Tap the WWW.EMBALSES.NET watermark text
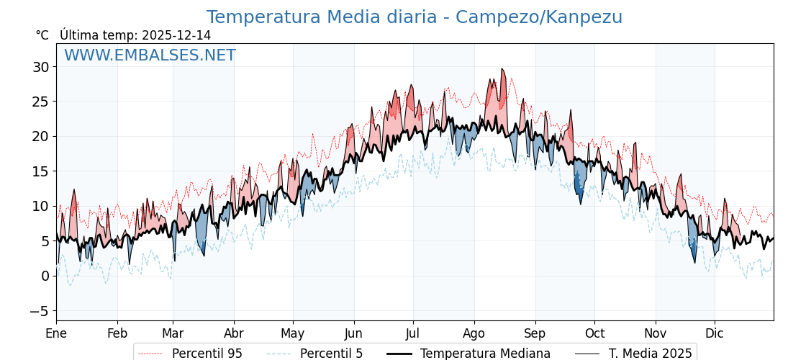[x=150, y=55]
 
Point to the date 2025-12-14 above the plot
[x=176, y=35]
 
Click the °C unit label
[x=42, y=35]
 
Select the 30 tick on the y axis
[x=40, y=67]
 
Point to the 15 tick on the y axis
[x=40, y=171]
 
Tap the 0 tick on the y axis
[x=45, y=276]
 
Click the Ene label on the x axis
[x=56, y=333]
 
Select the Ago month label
[x=474, y=333]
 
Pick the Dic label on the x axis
[x=715, y=333]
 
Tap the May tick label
[x=293, y=333]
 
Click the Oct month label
[x=594, y=333]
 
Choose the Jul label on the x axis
[x=413, y=333]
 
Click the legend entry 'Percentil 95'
[x=207, y=354]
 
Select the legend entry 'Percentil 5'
[x=331, y=354]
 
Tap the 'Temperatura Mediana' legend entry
[x=485, y=354]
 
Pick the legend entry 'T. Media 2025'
[x=650, y=354]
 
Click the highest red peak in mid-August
[x=502, y=69]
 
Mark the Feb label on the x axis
[x=117, y=333]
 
